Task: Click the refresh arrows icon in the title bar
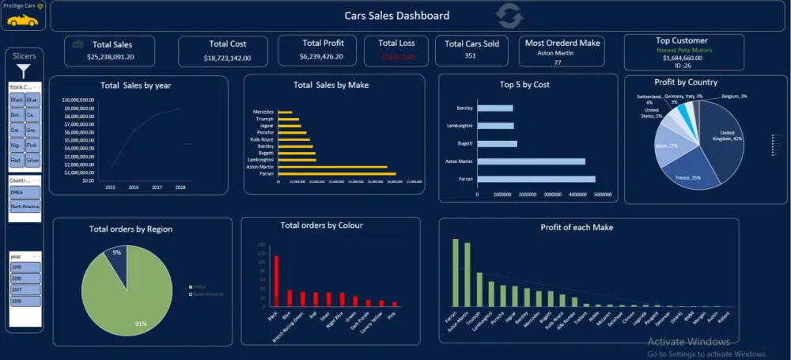pyautogui.click(x=509, y=15)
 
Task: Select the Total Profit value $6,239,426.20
pyautogui.click(x=316, y=56)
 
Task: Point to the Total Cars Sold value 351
pyautogui.click(x=471, y=56)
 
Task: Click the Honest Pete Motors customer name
pyautogui.click(x=683, y=49)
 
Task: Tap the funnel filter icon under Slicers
pyautogui.click(x=24, y=71)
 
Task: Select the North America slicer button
pyautogui.click(x=24, y=207)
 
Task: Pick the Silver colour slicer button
pyautogui.click(x=32, y=160)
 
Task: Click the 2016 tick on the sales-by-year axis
pyautogui.click(x=134, y=188)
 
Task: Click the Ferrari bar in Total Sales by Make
pyautogui.click(x=336, y=173)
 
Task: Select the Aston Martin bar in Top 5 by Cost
pyautogui.click(x=531, y=161)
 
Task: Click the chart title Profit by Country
pyautogui.click(x=686, y=82)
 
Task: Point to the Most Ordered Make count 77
pyautogui.click(x=557, y=62)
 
